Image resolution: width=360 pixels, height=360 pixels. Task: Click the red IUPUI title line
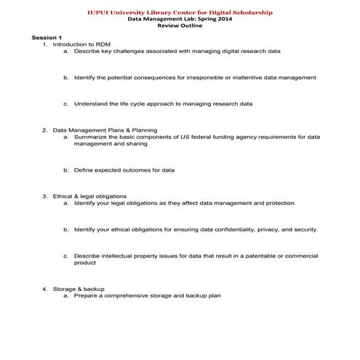point(180,12)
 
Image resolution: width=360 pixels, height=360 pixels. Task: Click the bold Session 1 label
point(47,38)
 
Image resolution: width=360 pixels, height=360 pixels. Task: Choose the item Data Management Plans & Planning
point(105,129)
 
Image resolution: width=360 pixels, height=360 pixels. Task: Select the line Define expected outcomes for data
point(124,170)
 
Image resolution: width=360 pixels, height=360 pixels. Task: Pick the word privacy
point(261,229)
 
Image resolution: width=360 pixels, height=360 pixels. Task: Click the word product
point(85,263)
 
